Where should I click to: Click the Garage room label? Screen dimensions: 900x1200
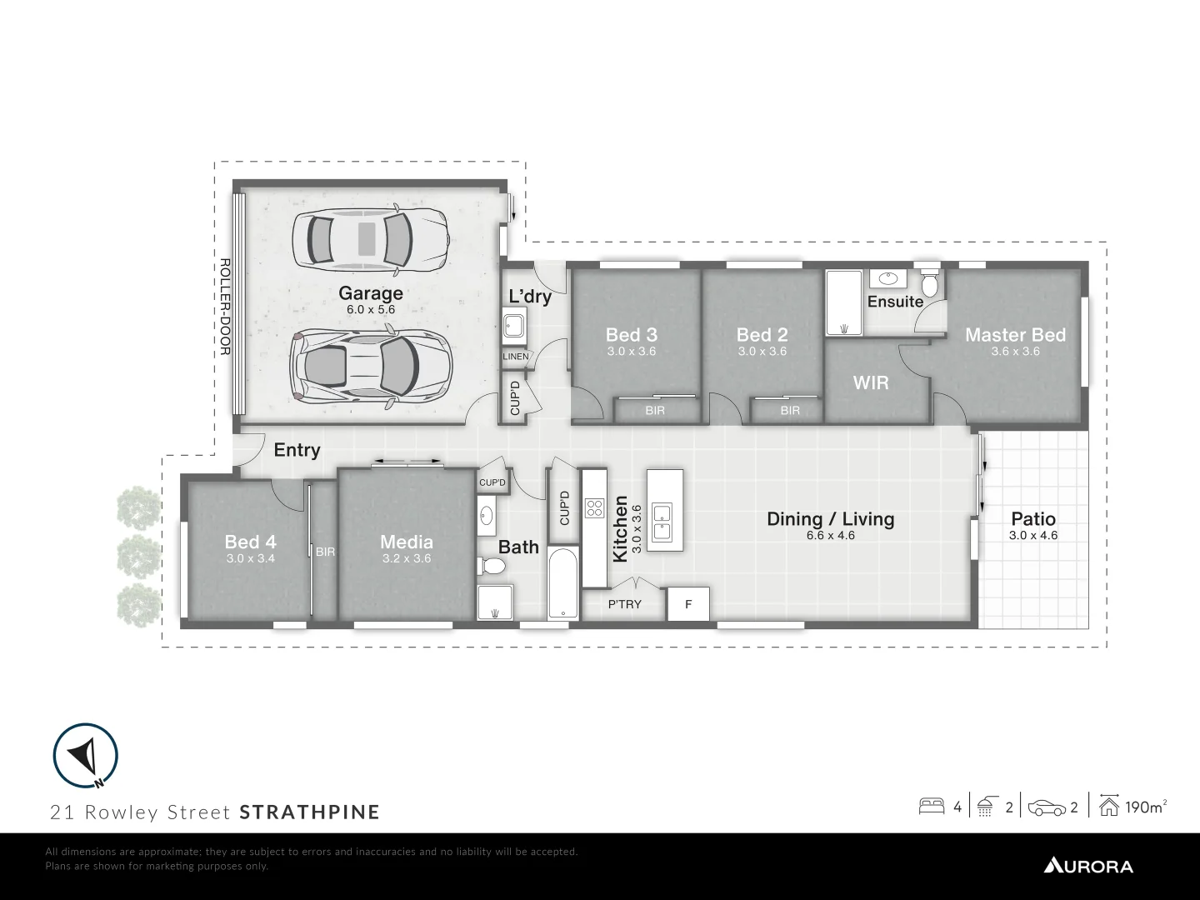(370, 293)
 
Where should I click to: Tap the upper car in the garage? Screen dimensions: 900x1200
(370, 240)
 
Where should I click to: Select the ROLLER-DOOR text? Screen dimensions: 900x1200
(224, 307)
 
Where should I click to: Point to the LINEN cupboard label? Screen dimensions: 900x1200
(515, 357)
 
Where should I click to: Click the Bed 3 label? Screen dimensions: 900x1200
(631, 335)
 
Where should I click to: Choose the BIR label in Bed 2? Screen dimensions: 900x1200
(789, 411)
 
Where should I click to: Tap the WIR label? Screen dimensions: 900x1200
(871, 382)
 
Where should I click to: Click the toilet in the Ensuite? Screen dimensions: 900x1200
(930, 284)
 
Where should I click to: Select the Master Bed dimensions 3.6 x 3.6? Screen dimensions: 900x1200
(1015, 352)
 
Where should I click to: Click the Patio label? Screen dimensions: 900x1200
(1033, 519)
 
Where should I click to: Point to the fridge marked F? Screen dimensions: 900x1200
(688, 604)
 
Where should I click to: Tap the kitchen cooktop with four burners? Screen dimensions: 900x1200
(593, 507)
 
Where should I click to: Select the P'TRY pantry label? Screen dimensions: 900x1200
(624, 604)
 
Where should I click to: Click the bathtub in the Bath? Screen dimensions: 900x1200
(564, 583)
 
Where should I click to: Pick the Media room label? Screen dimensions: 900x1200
(407, 542)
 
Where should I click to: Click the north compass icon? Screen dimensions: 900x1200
(85, 756)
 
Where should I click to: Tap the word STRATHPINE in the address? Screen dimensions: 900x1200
(309, 812)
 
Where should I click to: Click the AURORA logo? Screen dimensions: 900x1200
(1088, 866)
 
